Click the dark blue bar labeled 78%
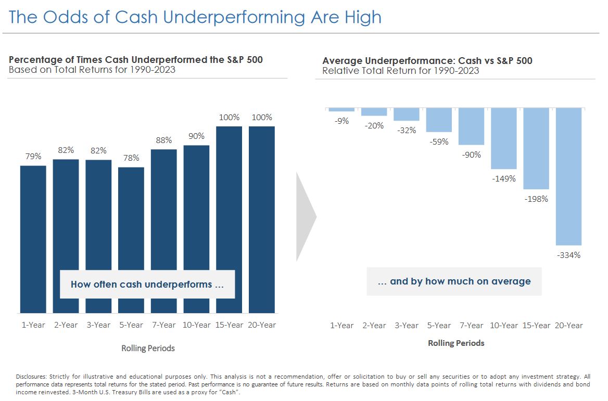(x=131, y=218)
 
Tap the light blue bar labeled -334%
(x=568, y=176)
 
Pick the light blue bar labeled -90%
(x=471, y=126)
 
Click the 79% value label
(x=33, y=156)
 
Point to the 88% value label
(x=163, y=140)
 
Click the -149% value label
(x=504, y=178)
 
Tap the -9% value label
(x=341, y=121)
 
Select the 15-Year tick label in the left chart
(x=229, y=325)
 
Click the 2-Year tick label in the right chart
(x=374, y=326)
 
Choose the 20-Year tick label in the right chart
(x=568, y=326)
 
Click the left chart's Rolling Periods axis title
(x=148, y=348)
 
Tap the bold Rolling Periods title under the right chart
(x=456, y=343)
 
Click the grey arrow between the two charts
(x=306, y=216)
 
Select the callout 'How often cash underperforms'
(x=147, y=284)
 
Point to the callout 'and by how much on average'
(x=454, y=281)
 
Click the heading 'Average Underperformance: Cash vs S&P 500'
(x=427, y=61)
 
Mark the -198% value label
(x=536, y=199)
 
